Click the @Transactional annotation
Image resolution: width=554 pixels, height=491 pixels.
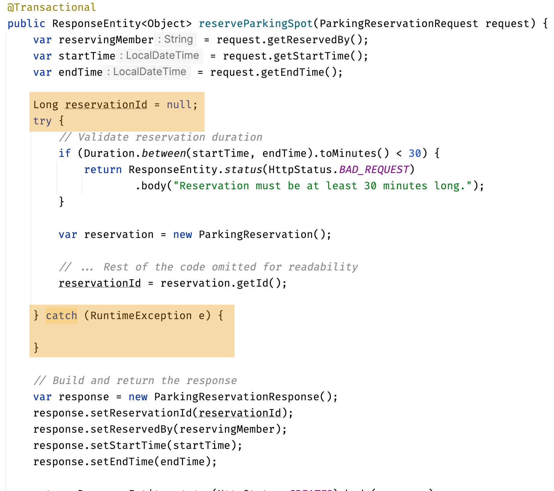click(51, 7)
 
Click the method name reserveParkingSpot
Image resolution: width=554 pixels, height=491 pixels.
click(256, 23)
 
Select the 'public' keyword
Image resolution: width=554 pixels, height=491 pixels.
click(26, 23)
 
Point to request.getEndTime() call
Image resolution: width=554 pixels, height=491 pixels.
click(276, 72)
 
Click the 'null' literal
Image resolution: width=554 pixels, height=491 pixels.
click(179, 105)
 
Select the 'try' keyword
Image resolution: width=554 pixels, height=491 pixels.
click(42, 121)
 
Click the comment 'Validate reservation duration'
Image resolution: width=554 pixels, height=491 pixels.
click(161, 137)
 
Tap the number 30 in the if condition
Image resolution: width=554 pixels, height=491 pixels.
click(415, 153)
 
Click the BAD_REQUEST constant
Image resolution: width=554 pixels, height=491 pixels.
click(374, 169)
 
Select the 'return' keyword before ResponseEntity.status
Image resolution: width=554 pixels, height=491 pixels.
click(103, 169)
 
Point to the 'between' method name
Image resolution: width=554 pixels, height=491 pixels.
click(164, 153)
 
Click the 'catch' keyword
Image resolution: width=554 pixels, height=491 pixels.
click(61, 316)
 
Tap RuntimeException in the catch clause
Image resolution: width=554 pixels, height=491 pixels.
click(141, 316)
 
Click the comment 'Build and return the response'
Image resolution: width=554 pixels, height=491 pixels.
click(135, 380)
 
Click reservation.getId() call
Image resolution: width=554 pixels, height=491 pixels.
click(223, 283)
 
